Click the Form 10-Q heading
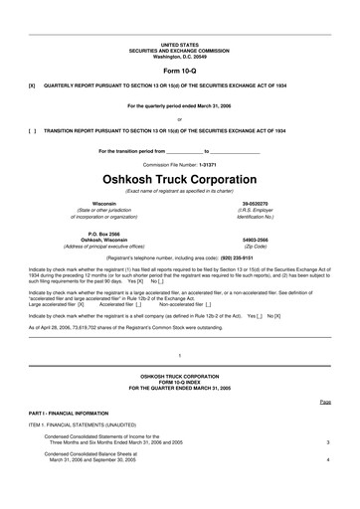[179, 72]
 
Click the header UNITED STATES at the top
[179, 45]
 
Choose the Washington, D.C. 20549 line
[179, 56]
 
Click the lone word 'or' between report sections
[179, 118]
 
